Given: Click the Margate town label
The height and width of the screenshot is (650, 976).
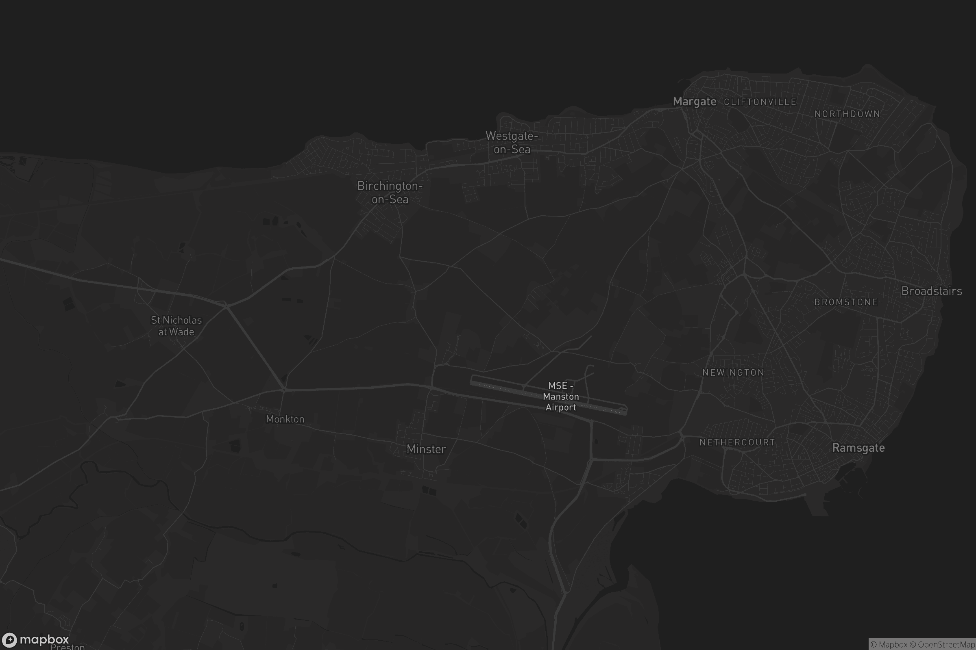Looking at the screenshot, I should tap(694, 102).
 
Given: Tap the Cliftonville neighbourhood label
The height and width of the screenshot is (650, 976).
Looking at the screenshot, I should tap(760, 102).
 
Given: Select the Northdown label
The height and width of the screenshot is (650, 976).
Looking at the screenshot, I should tap(847, 114).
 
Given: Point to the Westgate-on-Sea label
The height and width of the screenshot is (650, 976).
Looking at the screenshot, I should tap(512, 142).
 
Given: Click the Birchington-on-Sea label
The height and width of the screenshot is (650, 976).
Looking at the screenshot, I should tap(390, 192).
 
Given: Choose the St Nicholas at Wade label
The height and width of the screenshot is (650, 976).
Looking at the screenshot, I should tap(176, 326).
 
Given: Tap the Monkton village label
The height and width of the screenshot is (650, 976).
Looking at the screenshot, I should tap(285, 419).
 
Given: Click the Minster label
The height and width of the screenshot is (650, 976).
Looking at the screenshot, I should tap(426, 449).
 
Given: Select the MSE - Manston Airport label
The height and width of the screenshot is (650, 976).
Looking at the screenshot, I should tap(561, 397).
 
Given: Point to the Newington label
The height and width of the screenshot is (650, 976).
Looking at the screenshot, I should tap(733, 373).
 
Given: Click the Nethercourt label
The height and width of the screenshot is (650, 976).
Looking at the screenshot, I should tap(737, 442).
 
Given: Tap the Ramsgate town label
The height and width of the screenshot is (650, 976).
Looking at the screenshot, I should tap(858, 448).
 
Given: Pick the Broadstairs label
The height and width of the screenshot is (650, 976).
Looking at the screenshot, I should tap(931, 291).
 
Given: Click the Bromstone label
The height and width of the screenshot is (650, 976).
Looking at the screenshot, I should tap(846, 302).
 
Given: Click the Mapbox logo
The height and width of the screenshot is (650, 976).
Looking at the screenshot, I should tap(35, 639).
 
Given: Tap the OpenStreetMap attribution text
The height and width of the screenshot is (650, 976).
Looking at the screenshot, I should tap(946, 645).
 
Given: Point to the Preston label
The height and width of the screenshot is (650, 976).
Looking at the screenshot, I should tap(67, 647).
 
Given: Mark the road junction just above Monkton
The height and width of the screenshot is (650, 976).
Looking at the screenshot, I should tap(284, 390).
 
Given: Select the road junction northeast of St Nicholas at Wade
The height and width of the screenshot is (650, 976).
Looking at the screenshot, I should tap(227, 306).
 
